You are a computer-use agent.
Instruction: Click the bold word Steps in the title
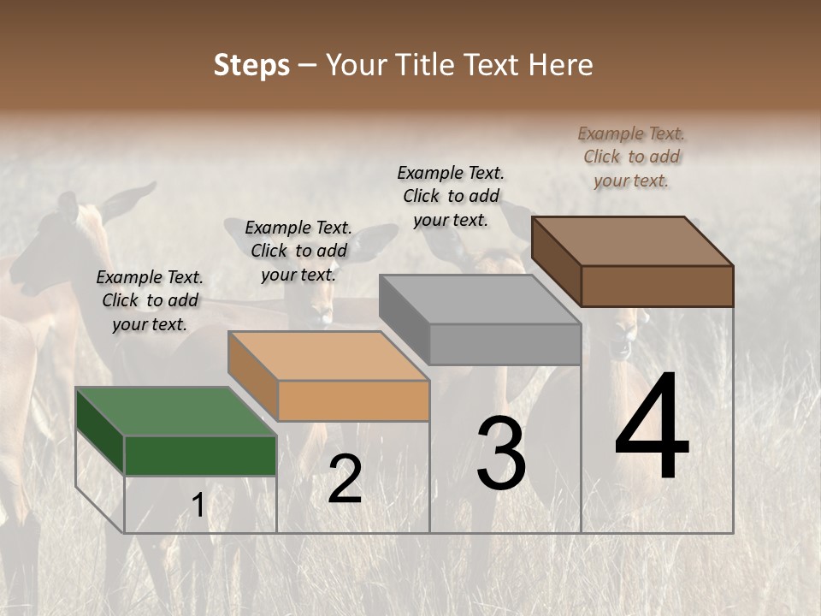(251, 65)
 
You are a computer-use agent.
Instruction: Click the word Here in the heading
(560, 65)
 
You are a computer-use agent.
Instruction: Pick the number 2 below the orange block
(345, 479)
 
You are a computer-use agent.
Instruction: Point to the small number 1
(198, 506)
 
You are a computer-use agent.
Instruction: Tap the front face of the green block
(200, 455)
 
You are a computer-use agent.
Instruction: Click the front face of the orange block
(353, 400)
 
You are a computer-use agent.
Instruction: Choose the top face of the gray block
(479, 299)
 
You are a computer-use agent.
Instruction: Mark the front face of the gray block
(505, 344)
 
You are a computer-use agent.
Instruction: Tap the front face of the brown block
(657, 286)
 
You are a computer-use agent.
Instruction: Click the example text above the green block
(150, 300)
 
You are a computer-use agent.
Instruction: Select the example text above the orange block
(298, 251)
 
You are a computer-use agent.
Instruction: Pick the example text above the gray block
(451, 196)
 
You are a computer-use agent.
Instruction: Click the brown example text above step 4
(631, 157)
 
